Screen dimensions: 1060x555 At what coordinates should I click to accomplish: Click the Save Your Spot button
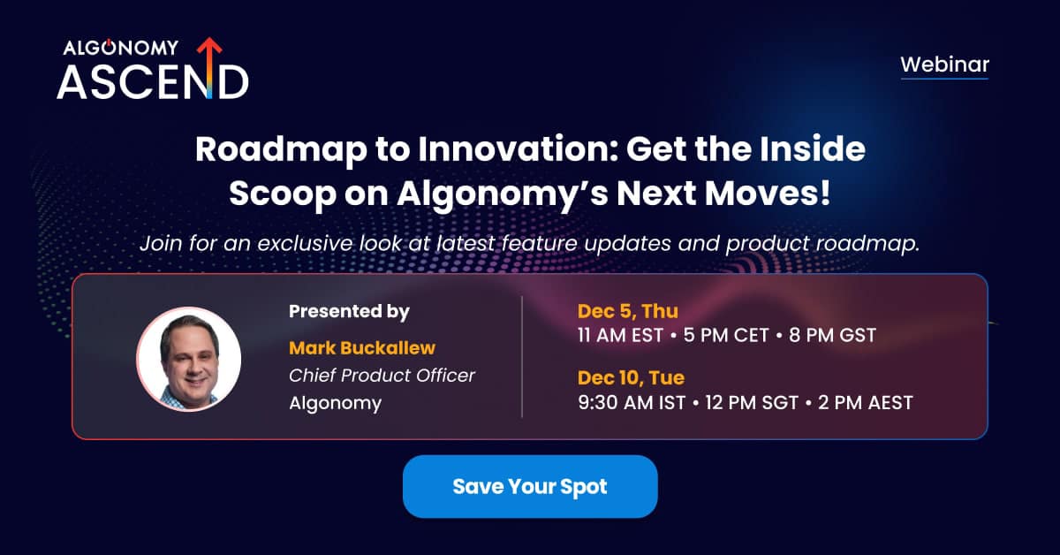coord(530,486)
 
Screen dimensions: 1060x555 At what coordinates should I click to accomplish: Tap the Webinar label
coord(944,65)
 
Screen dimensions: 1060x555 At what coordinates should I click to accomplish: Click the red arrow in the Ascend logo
coord(209,66)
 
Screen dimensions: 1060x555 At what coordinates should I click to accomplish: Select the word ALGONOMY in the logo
coord(121,48)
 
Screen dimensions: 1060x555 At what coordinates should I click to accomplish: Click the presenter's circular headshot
coord(189,359)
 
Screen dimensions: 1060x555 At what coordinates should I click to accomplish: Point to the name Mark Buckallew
coord(362,348)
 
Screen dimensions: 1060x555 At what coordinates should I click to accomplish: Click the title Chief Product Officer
coord(382,375)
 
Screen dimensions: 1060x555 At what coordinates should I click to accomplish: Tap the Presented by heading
coord(349,311)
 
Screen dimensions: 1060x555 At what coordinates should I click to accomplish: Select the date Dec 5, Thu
coord(628,311)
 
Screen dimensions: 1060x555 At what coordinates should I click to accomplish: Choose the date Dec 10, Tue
coord(632,377)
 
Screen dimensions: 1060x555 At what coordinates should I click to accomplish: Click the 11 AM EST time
coord(620,335)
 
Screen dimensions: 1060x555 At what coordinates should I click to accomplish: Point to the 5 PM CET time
coord(726,335)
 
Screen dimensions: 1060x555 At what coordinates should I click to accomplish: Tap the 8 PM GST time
coord(832,335)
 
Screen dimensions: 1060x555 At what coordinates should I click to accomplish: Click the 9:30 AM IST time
coord(632,402)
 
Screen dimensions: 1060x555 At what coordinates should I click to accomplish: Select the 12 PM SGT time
coord(752,402)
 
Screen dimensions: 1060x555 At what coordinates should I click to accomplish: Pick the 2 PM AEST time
coord(865,402)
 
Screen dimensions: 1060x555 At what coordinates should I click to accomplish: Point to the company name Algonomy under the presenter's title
coord(335,404)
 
